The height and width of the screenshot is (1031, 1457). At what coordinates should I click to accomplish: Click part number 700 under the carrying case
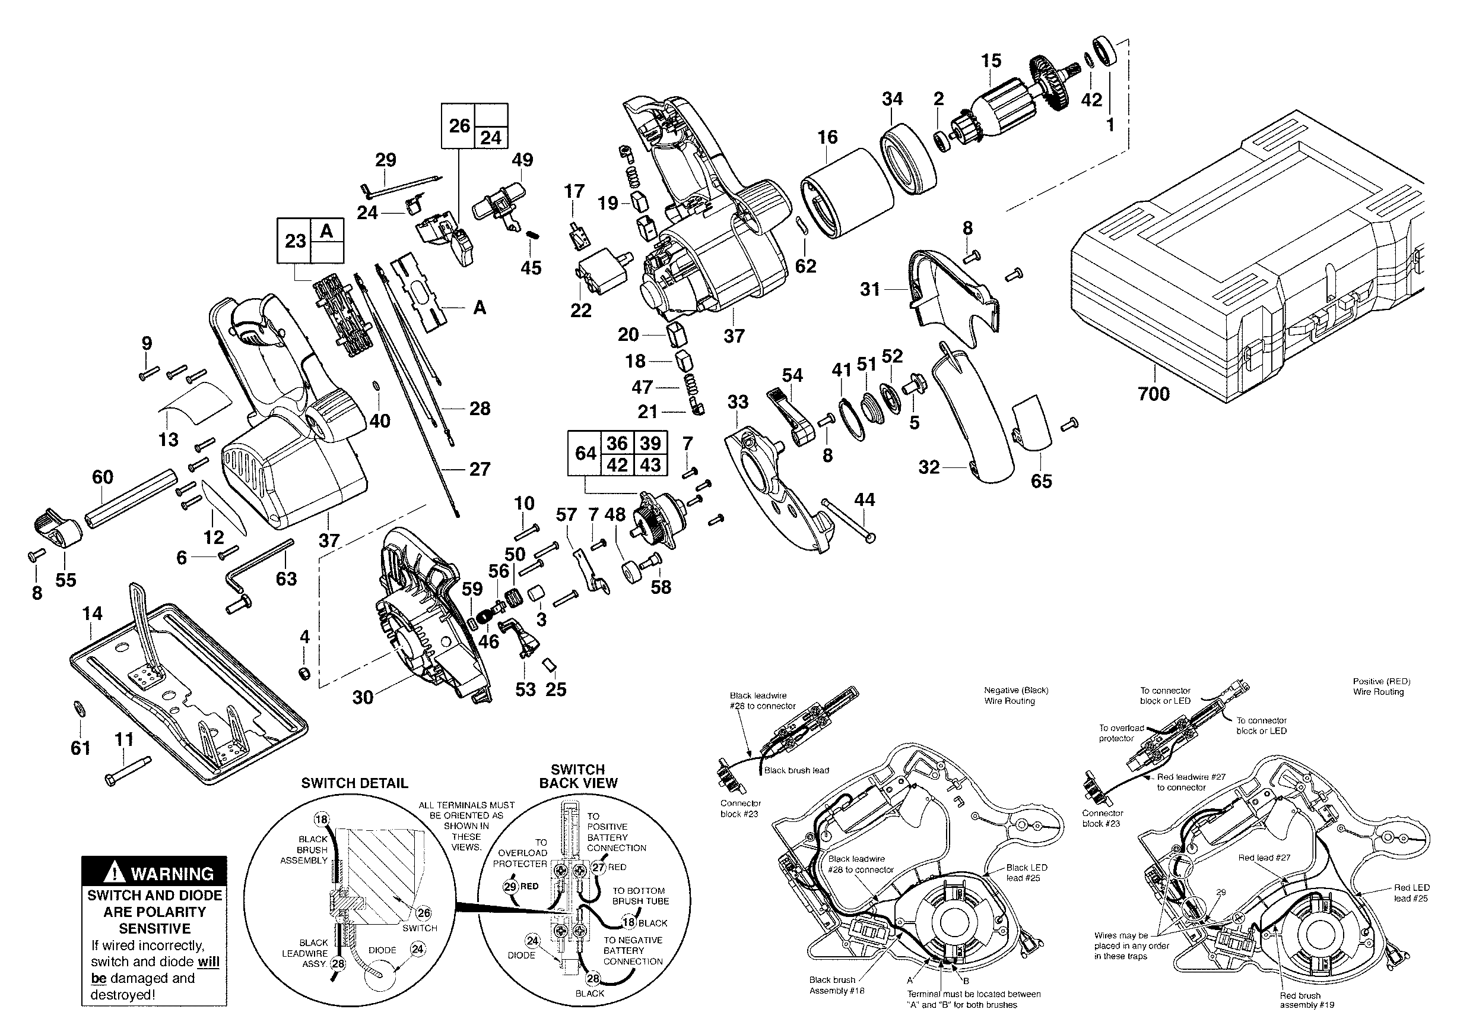coord(1153,394)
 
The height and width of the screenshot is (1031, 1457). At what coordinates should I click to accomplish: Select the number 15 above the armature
coord(991,61)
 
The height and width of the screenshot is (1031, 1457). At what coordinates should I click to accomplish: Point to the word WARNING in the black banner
coord(172,874)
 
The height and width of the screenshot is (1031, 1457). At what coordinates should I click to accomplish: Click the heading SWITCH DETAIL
coord(354,783)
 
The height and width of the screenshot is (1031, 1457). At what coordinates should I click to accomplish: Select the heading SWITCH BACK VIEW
coord(577,776)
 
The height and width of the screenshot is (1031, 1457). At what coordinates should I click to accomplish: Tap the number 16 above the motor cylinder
coord(827,137)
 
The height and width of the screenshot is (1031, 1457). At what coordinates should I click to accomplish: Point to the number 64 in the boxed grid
coord(585,453)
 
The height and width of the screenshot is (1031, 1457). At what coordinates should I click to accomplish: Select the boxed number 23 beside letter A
coord(295,241)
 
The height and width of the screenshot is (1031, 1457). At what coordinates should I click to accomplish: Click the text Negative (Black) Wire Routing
coord(1016,695)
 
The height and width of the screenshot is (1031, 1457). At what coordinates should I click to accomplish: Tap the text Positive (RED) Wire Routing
coord(1381,687)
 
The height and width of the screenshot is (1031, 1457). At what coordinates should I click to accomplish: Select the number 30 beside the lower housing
coord(363,697)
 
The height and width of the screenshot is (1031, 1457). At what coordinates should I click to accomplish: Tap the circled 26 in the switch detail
coord(423,913)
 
